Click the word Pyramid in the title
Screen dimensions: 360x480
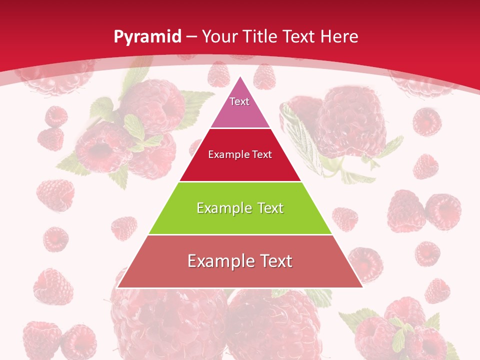coord(147,37)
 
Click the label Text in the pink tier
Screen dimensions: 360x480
coord(239,101)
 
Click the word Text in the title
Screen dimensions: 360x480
coord(300,36)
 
